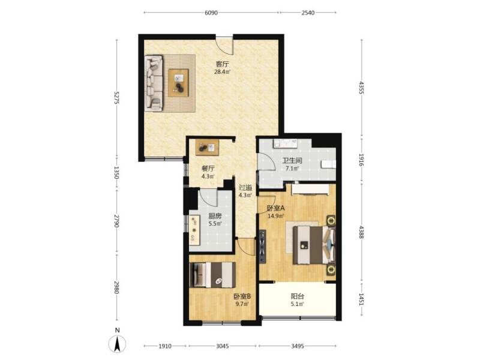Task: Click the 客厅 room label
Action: coord(223,64)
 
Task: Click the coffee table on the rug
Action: coord(178,82)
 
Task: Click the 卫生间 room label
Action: coord(292,161)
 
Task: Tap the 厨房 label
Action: coord(215,216)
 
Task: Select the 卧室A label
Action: coord(275,208)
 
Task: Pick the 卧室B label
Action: coord(242,296)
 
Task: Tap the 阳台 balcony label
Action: coord(297,296)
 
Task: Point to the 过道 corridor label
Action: coord(245,187)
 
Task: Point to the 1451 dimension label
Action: coord(361,298)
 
